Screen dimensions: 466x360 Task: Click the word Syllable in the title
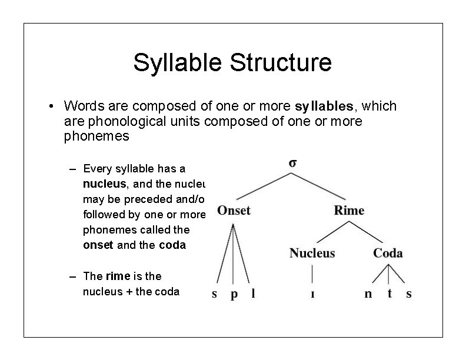[x=177, y=63]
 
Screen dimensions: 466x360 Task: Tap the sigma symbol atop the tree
[x=293, y=164]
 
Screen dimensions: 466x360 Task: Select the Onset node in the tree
[x=234, y=211]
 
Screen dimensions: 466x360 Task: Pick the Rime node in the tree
[x=349, y=211]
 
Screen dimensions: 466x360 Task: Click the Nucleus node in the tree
[x=312, y=254]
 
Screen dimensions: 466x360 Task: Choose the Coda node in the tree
[x=388, y=254]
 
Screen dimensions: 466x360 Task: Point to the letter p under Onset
[x=234, y=295]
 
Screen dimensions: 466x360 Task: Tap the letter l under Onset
[x=253, y=294]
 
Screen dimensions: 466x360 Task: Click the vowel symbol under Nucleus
[x=312, y=295]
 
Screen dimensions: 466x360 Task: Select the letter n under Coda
[x=368, y=295]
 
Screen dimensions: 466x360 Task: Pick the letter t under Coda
[x=389, y=294]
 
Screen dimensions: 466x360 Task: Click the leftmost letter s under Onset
[x=214, y=295]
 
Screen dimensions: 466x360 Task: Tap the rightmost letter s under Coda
[x=409, y=295]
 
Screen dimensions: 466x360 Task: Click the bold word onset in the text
[x=98, y=245]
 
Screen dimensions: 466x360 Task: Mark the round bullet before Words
[x=53, y=106]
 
